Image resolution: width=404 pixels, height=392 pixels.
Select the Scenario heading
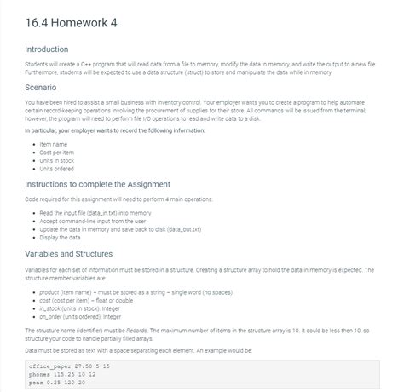[x=45, y=86]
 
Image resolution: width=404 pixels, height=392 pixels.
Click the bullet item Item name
[x=55, y=143]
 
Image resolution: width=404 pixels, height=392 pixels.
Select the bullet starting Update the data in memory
[x=120, y=229]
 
